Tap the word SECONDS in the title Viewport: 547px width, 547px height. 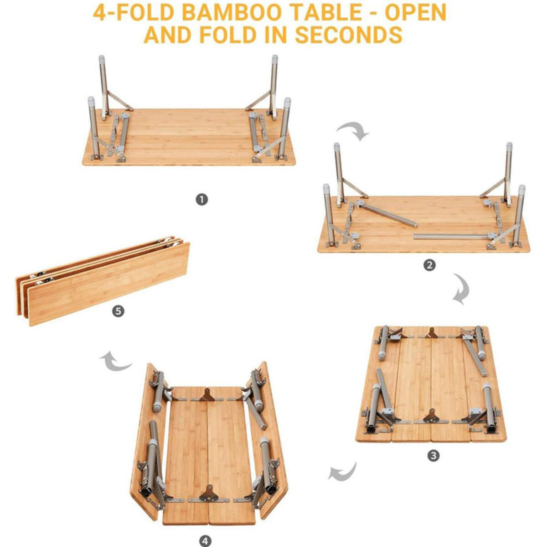[x=349, y=35]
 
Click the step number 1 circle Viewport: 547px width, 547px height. [x=201, y=200]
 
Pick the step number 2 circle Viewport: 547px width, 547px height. [x=429, y=265]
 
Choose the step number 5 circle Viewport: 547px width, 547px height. [x=118, y=311]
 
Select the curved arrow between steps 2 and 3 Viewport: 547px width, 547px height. [x=462, y=288]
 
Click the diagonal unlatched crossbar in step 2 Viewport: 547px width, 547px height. [x=387, y=213]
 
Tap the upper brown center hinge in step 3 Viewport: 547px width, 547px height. [x=432, y=333]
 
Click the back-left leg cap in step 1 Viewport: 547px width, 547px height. [x=102, y=59]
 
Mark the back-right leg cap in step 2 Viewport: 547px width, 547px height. [x=509, y=146]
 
